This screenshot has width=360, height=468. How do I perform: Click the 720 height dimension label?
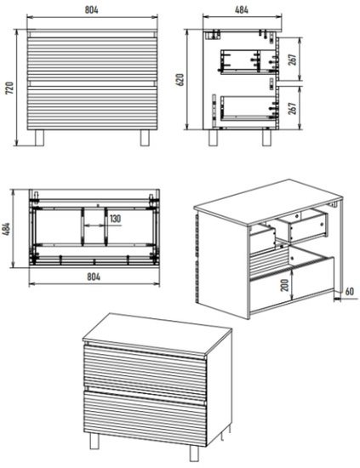10,88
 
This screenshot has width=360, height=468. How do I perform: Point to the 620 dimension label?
180,80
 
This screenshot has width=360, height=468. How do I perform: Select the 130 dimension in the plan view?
115,219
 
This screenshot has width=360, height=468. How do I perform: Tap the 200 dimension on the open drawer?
285,285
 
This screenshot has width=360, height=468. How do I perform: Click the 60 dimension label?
350,291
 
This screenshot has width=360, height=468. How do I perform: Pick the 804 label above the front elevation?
92,9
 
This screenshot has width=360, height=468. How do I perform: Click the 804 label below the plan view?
94,277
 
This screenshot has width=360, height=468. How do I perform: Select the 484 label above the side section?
242,9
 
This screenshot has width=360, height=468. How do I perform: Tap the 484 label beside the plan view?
7,229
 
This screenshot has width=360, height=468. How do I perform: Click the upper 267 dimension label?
293,60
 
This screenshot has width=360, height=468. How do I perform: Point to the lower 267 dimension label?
293,108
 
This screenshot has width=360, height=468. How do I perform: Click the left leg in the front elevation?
39,138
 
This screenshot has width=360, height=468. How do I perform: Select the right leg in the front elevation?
145,138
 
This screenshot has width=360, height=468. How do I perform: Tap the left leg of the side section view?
213,138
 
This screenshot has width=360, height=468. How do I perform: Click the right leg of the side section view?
267,138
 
